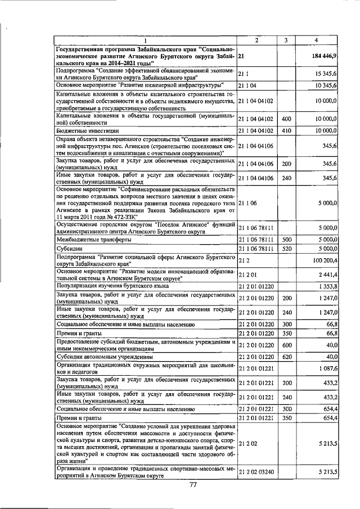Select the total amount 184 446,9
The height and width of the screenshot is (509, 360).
tap(324, 57)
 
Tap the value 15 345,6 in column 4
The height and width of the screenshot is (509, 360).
tap(326, 74)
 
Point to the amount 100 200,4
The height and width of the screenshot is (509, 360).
tap(324, 260)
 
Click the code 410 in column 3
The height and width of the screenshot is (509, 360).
tap(286, 130)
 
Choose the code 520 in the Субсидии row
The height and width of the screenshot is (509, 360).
tap(286, 248)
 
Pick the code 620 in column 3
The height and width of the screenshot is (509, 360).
tap(286, 357)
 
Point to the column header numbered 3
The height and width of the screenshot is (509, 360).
tap(286, 40)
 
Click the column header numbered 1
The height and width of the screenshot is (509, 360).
tap(145, 40)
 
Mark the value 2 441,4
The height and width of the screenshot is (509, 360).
tap(327, 274)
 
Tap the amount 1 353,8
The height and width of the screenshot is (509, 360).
tap(327, 286)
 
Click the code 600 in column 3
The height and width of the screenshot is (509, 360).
tap(286, 345)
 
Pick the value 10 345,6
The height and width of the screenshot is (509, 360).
tap(326, 85)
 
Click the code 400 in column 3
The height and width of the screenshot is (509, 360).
tap(286, 119)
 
